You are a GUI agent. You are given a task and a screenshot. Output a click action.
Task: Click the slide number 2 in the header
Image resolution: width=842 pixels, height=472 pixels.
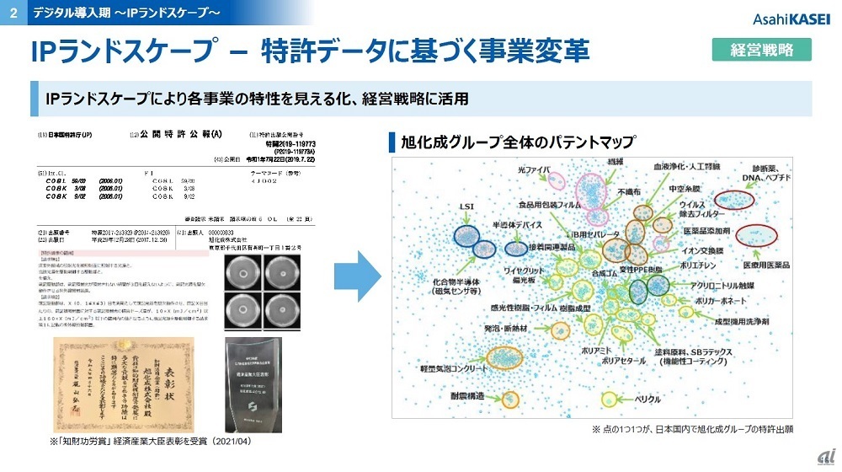pyautogui.click(x=12, y=11)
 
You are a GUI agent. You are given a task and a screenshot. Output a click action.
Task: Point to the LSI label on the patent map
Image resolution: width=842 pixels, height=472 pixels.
pyautogui.click(x=467, y=206)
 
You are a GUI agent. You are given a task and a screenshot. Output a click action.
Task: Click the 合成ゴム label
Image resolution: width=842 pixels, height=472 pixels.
pyautogui.click(x=605, y=274)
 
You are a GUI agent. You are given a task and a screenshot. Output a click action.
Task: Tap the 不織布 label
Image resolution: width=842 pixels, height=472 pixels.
pyautogui.click(x=629, y=191)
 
